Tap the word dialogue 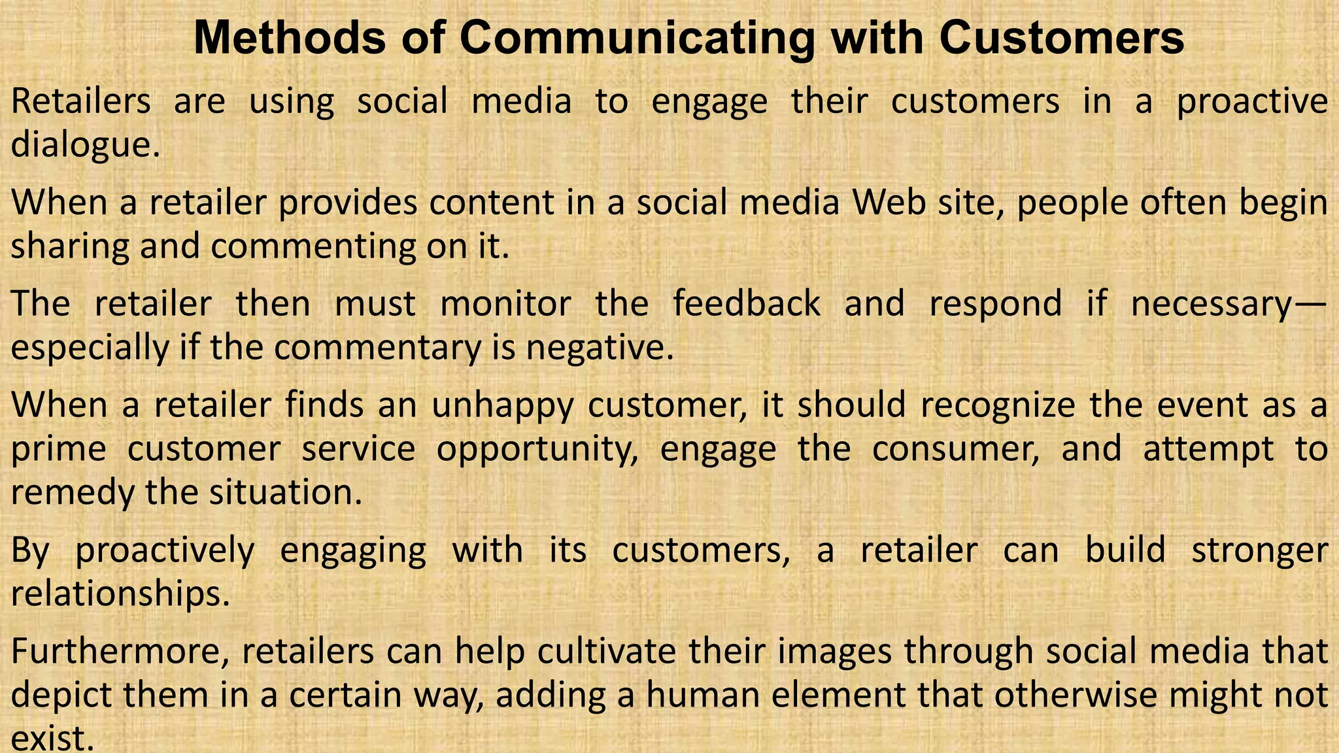pyautogui.click(x=85, y=144)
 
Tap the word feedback pyautogui.click(x=747, y=304)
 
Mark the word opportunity pyautogui.click(x=537, y=450)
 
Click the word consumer pyautogui.click(x=956, y=449)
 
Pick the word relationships pyautogui.click(x=121, y=594)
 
